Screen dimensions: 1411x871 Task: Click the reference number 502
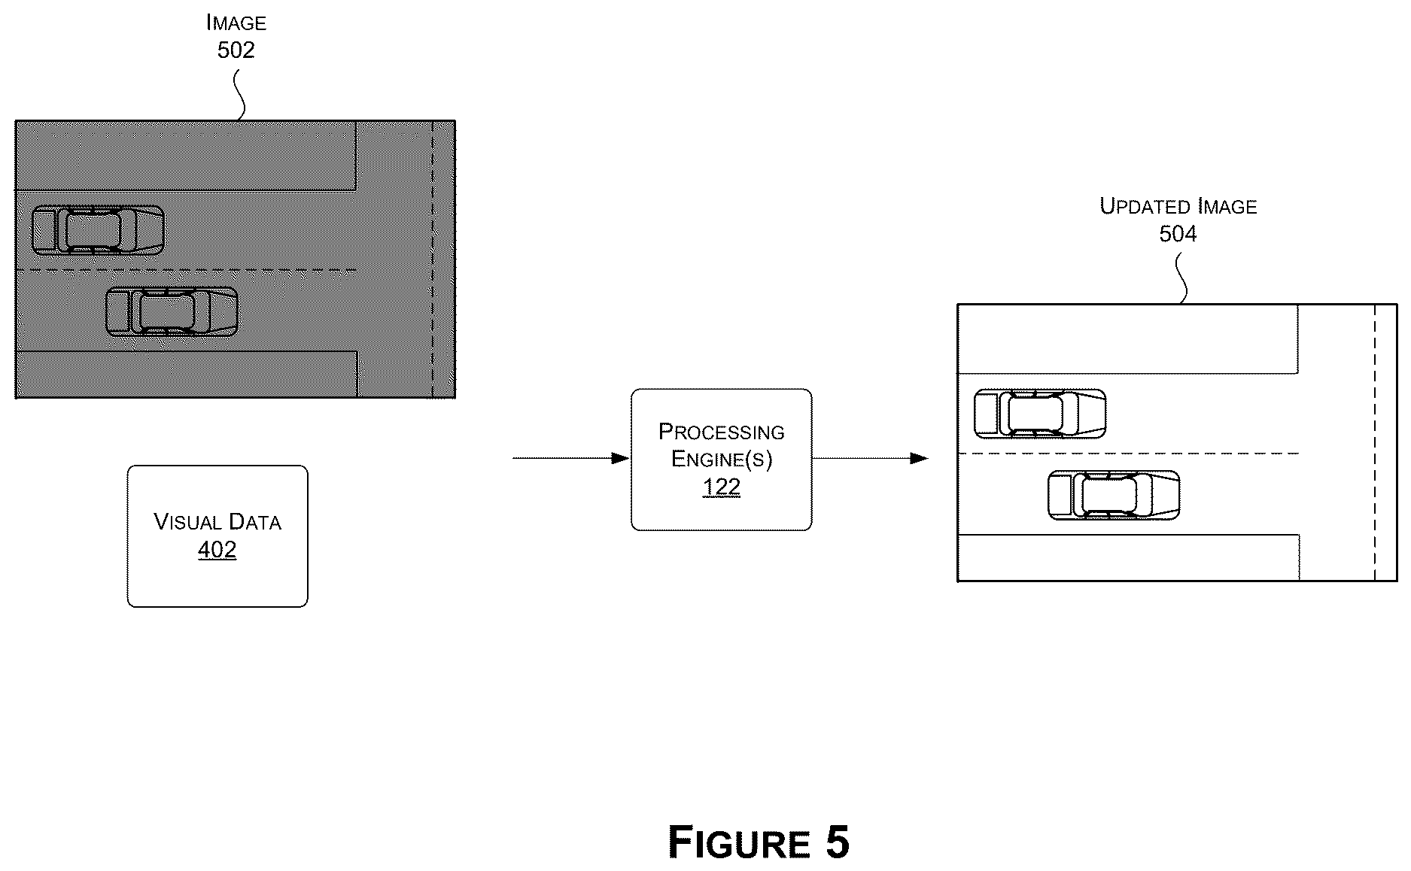(x=236, y=50)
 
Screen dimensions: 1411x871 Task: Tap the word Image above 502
(x=236, y=23)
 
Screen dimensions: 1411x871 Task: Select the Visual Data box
(x=217, y=536)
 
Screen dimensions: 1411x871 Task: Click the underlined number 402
(x=217, y=550)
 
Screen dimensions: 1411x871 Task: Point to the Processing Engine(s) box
(x=722, y=460)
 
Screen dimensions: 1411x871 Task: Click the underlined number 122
(x=722, y=487)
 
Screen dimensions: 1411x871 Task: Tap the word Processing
(x=722, y=432)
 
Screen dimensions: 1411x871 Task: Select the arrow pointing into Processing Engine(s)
(x=571, y=458)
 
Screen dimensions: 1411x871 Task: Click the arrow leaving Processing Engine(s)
(x=871, y=458)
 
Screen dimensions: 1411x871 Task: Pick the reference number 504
(x=1178, y=234)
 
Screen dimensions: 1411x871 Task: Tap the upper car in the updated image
(x=1040, y=414)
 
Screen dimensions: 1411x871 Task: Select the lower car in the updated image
(x=1114, y=495)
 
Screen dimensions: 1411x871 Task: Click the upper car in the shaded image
(x=99, y=230)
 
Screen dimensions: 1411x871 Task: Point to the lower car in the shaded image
(x=172, y=311)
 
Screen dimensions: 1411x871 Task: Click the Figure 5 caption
(x=759, y=842)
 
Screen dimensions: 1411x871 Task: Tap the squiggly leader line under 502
(x=239, y=95)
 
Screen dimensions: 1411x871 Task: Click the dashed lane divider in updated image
(x=1128, y=454)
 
